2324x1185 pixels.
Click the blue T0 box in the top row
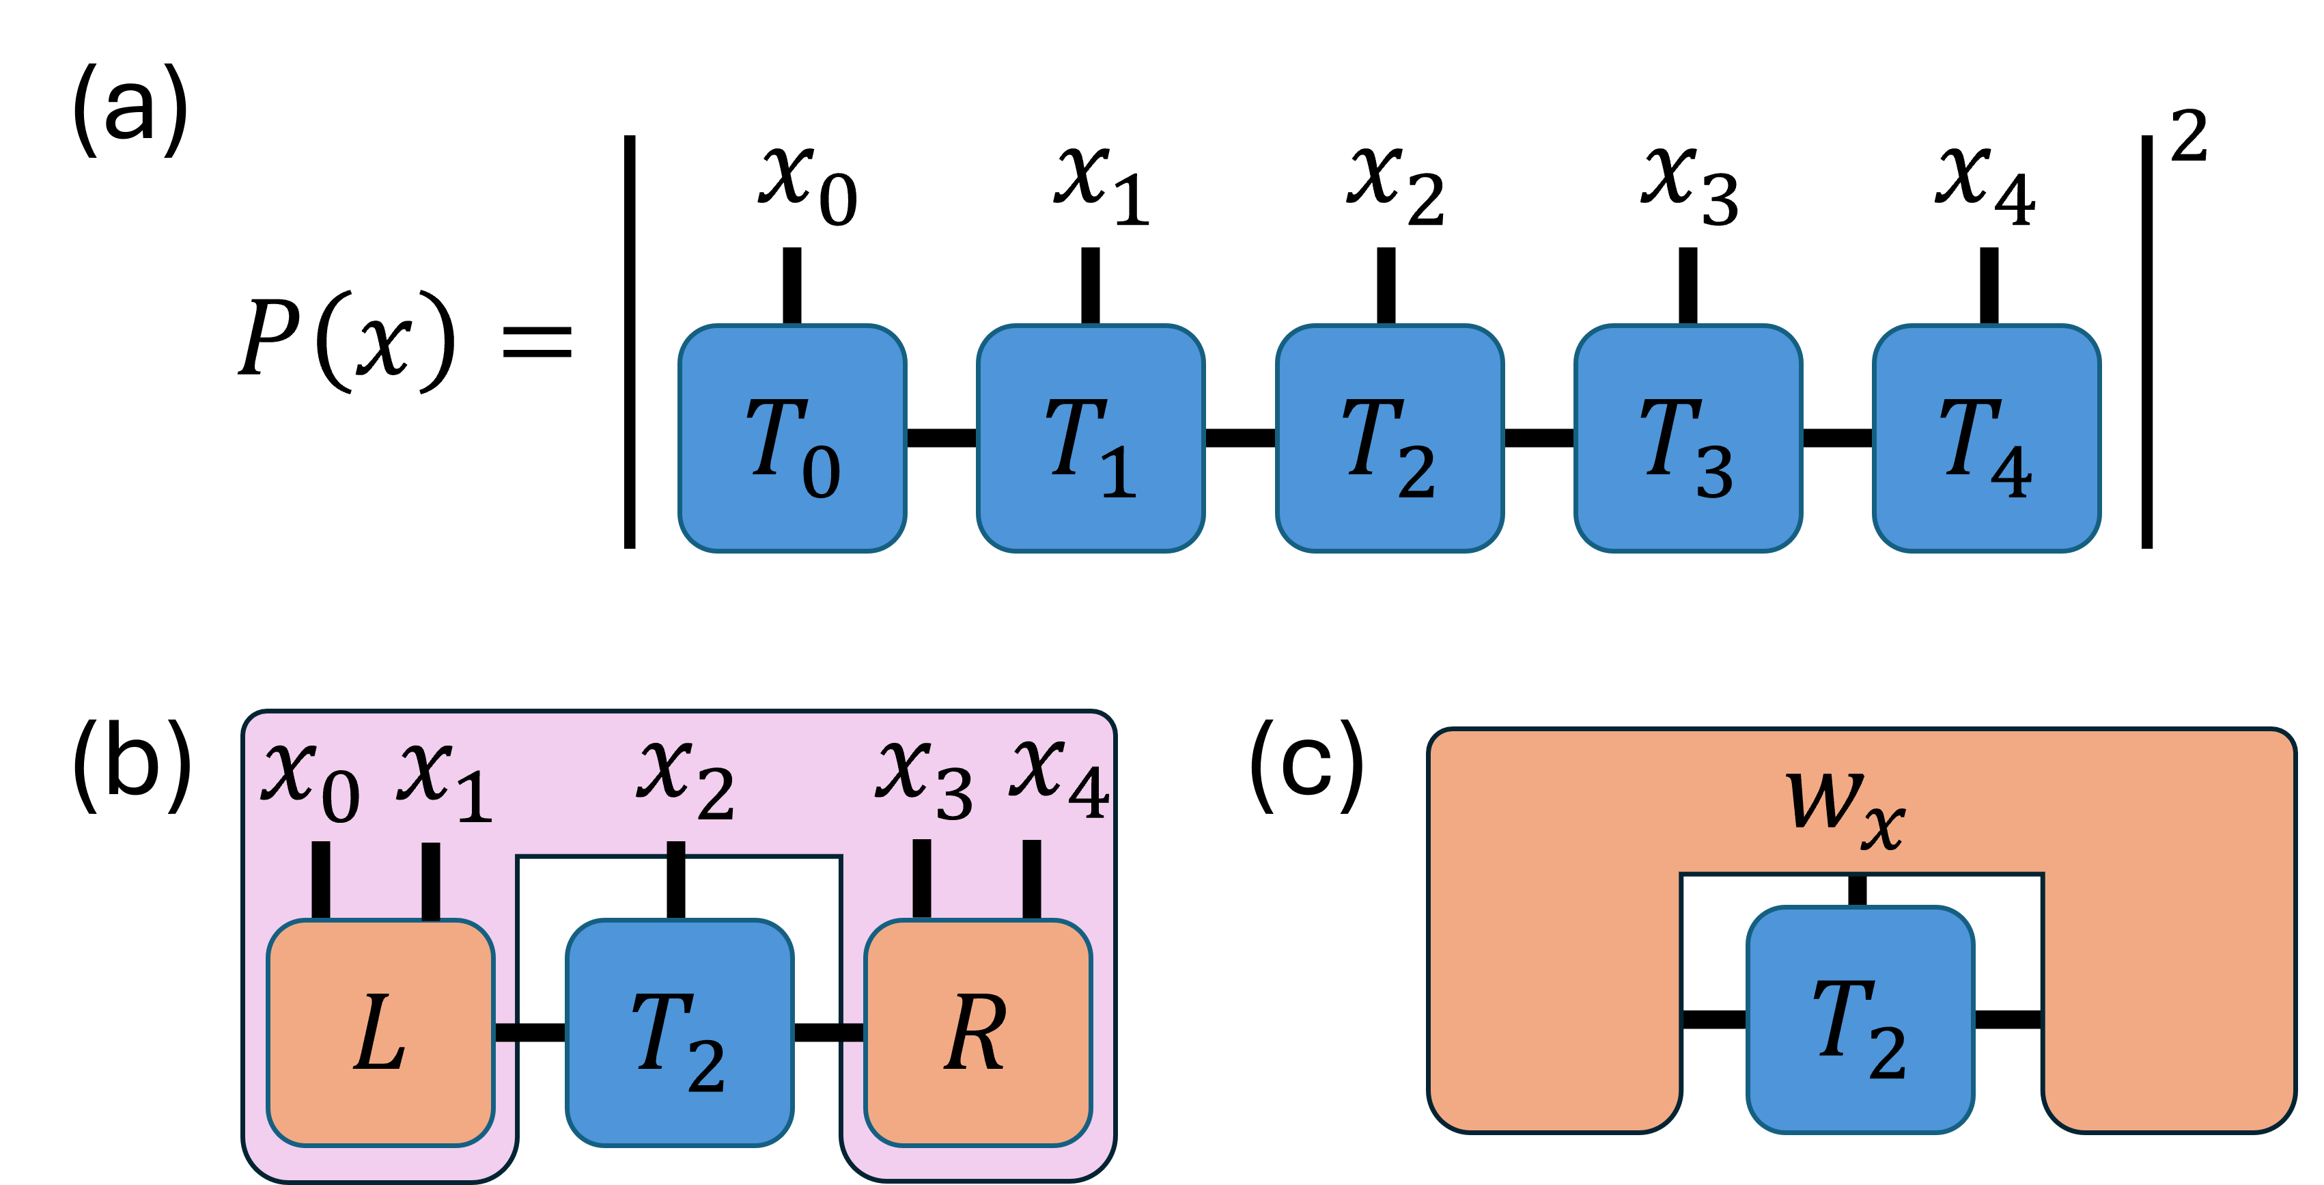792,439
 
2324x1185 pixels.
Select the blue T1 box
1091,439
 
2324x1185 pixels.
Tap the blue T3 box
1688,439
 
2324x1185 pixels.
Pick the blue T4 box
1987,439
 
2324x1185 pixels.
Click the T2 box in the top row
1389,439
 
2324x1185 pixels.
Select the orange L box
380,1033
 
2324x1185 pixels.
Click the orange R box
978,1033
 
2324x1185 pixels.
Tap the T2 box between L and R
680,1033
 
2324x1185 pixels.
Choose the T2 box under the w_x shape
1860,1020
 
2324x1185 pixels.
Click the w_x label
1845,808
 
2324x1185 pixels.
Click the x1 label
445,780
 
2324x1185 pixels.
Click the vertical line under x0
320,880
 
